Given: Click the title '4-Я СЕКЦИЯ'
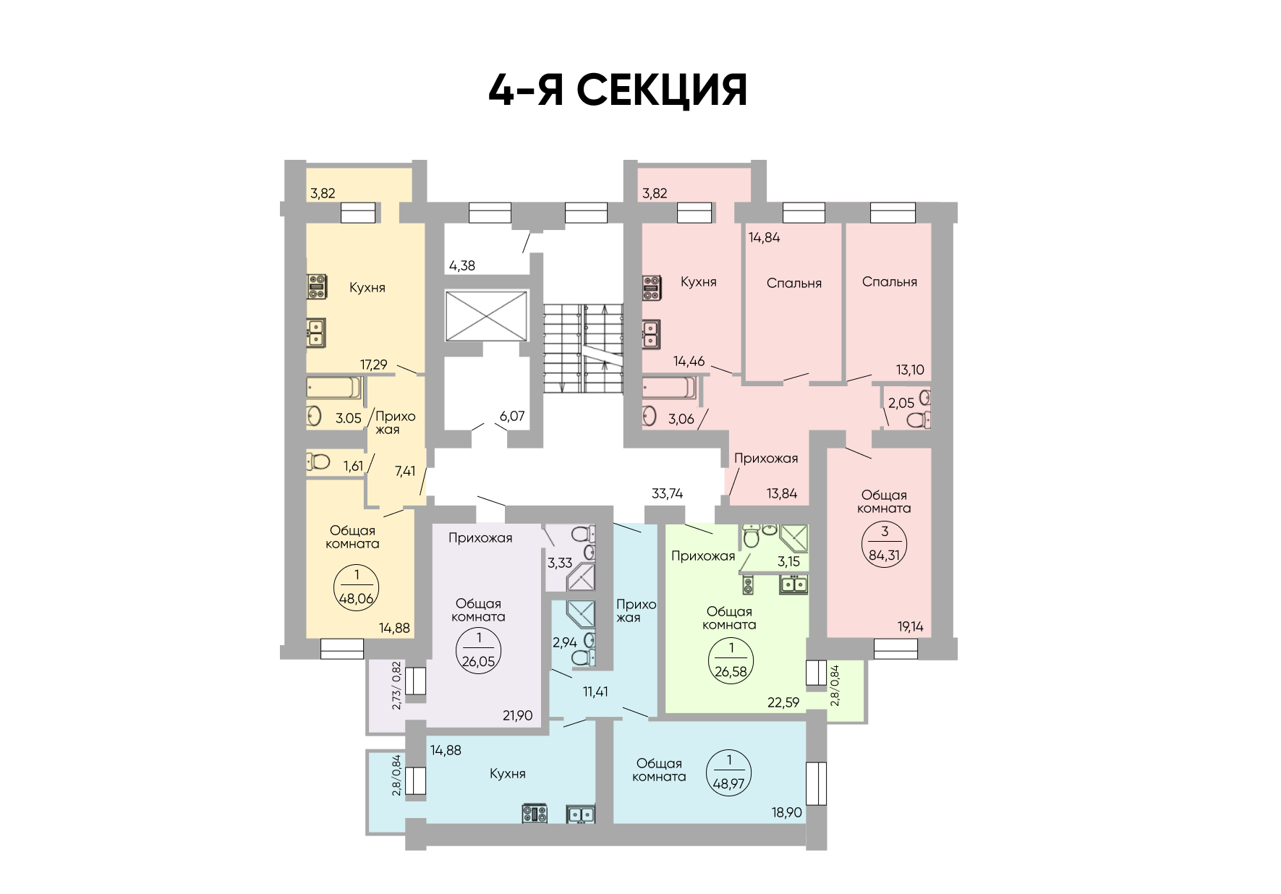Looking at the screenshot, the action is tap(618, 90).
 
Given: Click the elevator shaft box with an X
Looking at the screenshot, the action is tap(487, 315).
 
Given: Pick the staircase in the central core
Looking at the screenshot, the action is tap(583, 349).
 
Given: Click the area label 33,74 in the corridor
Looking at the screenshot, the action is tap(667, 493).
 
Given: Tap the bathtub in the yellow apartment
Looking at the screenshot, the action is tap(333, 388).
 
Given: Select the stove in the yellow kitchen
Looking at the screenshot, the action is tap(317, 286).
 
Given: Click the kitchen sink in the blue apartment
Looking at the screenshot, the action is tap(580, 814).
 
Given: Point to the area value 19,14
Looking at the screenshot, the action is tap(911, 626).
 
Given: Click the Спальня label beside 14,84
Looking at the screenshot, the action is tap(794, 284).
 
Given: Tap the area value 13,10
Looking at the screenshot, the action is tap(910, 370).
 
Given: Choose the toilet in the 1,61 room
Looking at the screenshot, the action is tap(318, 461).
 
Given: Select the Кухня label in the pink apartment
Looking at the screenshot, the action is tap(698, 282).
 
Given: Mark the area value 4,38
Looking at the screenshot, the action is tap(462, 265).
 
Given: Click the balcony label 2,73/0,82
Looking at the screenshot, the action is tap(396, 685).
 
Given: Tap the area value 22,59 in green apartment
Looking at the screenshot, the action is tap(783, 702).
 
